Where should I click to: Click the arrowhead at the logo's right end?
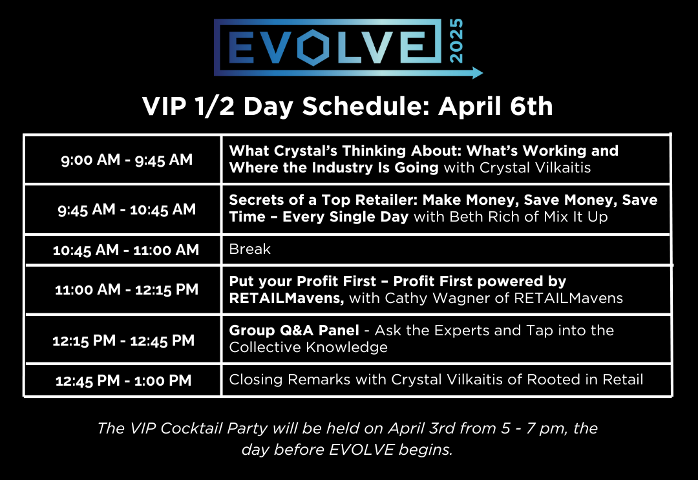click(x=478, y=72)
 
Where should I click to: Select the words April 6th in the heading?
click(x=496, y=107)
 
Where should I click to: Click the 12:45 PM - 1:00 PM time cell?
click(x=123, y=381)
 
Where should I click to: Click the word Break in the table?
click(x=250, y=249)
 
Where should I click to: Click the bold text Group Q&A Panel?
click(x=294, y=331)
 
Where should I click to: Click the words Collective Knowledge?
click(x=308, y=347)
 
